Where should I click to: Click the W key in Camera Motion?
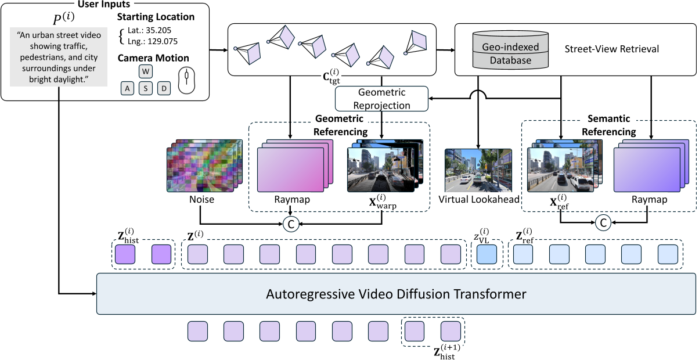click(146, 71)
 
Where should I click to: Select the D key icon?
click(164, 89)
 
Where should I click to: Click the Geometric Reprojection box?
click(381, 99)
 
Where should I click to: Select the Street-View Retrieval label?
click(611, 49)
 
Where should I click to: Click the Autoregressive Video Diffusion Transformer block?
click(396, 294)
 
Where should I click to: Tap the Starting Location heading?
click(156, 17)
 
